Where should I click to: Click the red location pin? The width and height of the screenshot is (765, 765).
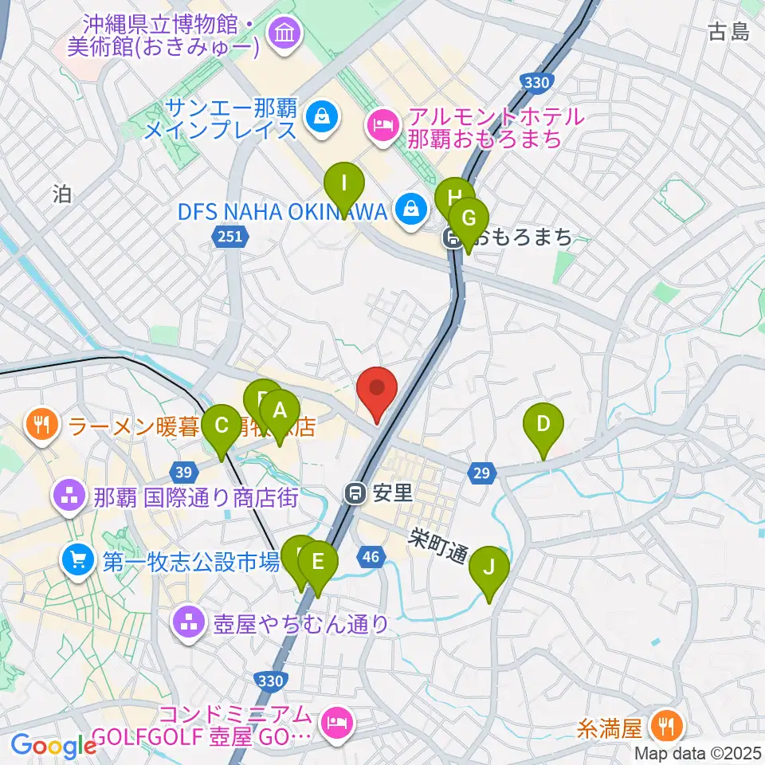tap(377, 392)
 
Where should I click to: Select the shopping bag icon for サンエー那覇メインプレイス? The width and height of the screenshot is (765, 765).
tap(323, 117)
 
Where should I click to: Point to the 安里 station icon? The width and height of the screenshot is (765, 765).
tap(356, 493)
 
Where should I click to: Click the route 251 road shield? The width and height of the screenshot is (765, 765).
tap(232, 236)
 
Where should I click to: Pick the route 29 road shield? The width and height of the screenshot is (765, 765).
tap(481, 474)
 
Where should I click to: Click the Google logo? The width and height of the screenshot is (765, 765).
tap(53, 746)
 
